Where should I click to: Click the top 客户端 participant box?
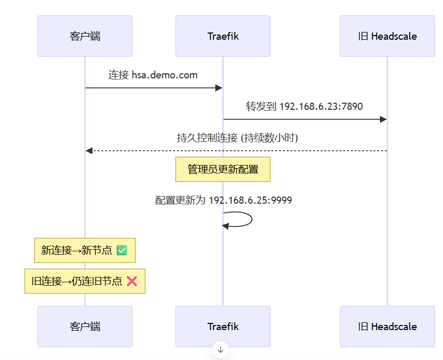click(x=85, y=36)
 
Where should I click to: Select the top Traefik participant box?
click(x=223, y=36)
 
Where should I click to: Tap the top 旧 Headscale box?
click(x=387, y=36)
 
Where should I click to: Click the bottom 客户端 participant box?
click(x=85, y=326)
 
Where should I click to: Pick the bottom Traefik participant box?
click(x=223, y=326)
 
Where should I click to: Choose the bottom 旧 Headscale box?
click(x=387, y=326)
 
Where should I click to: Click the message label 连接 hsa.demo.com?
click(x=153, y=75)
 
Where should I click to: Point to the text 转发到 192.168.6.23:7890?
click(x=304, y=107)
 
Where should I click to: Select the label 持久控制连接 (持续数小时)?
click(x=238, y=138)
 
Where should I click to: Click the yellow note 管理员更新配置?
click(x=223, y=169)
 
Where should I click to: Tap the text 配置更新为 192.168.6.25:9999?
click(x=223, y=200)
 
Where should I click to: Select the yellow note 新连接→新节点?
click(x=85, y=251)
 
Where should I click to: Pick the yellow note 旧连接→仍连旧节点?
click(x=85, y=281)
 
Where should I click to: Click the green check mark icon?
click(x=122, y=251)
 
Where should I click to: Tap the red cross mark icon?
click(x=132, y=281)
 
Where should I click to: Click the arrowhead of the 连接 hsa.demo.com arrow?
click(x=219, y=88)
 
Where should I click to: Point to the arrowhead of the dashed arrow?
click(x=89, y=151)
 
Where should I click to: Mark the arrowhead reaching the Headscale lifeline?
click(x=383, y=120)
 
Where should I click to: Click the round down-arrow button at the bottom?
click(x=220, y=350)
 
